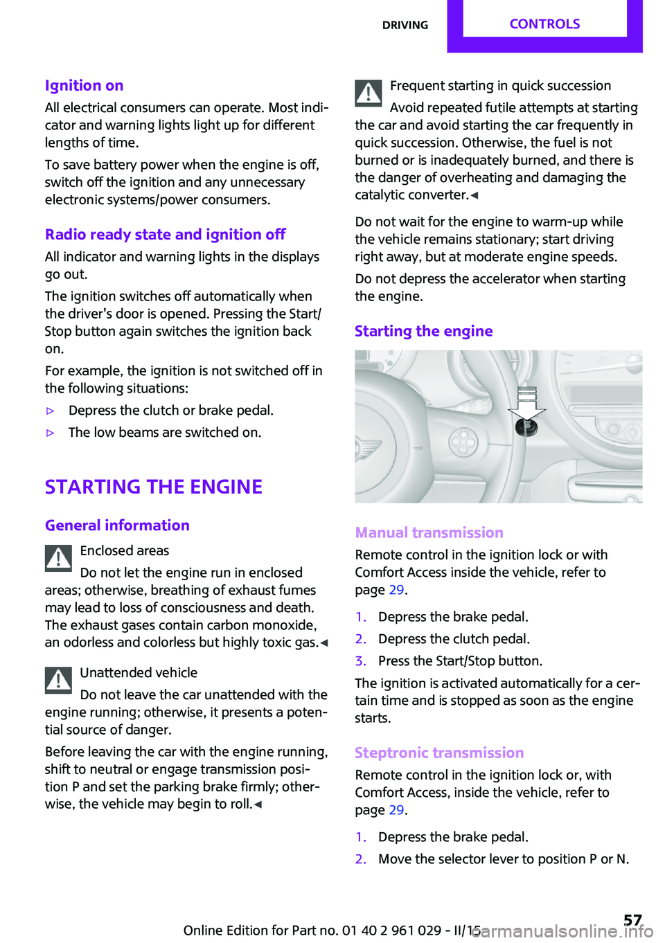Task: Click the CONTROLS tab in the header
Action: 544,24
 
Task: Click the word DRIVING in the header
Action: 405,25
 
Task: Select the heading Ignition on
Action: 84,85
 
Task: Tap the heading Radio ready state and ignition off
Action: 165,234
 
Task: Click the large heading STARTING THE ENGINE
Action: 153,487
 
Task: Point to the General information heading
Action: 117,526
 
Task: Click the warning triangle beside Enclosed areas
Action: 59,558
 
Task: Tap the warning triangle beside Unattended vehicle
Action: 59,680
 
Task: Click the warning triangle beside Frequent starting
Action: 369,93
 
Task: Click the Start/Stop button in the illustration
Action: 526,426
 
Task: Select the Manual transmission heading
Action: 429,532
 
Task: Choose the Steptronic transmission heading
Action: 439,753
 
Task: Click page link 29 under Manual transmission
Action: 396,590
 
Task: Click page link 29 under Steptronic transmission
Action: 396,810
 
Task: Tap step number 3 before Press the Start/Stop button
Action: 360,661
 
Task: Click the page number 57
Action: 632,919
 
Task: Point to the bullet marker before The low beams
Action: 50,433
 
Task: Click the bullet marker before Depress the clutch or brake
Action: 50,411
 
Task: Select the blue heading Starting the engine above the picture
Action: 423,331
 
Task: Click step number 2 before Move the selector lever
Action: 360,859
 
